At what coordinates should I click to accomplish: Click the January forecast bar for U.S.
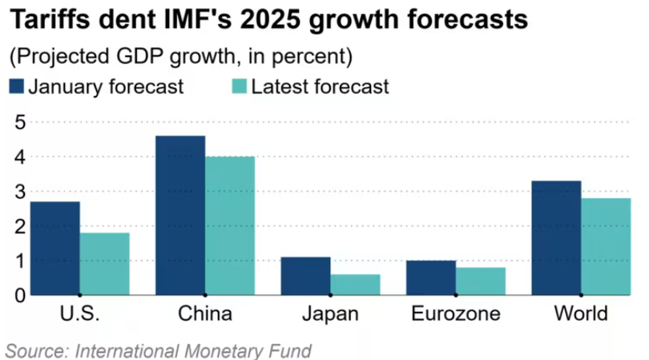(x=54, y=248)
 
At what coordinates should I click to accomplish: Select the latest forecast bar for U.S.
(x=104, y=264)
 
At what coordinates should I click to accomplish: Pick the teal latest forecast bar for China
(x=230, y=225)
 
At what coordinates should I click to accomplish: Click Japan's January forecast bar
(x=305, y=276)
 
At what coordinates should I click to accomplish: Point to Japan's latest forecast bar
(x=355, y=285)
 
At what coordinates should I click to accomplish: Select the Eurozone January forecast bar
(x=430, y=277)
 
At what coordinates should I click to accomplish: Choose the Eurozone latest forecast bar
(x=481, y=281)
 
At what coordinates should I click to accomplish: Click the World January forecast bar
(x=556, y=237)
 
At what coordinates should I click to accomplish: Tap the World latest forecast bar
(x=606, y=246)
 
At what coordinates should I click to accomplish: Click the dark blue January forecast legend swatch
(x=17, y=87)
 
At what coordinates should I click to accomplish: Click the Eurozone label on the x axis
(x=455, y=313)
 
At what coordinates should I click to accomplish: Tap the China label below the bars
(x=205, y=313)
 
